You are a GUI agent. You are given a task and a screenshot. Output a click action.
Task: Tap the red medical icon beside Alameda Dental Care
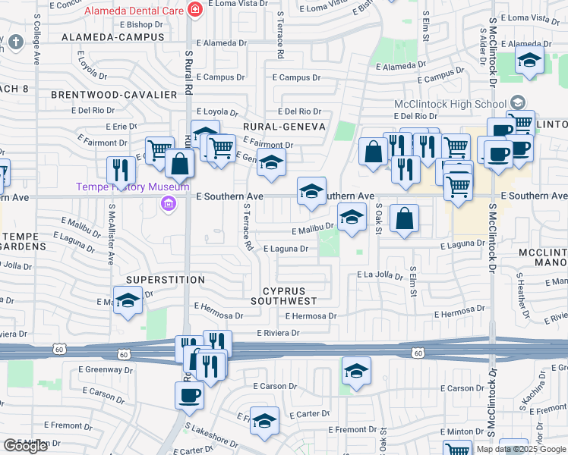click(196, 10)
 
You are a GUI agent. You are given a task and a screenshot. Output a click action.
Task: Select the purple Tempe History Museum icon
click(168, 202)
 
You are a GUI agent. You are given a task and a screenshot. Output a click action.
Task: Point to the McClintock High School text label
click(450, 104)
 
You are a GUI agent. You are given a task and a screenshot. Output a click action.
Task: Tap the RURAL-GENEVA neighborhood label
click(284, 127)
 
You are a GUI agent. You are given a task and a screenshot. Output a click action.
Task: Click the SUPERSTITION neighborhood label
click(166, 280)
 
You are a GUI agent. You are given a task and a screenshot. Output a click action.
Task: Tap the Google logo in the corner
click(25, 446)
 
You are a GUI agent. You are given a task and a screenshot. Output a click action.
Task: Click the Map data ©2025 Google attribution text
click(520, 449)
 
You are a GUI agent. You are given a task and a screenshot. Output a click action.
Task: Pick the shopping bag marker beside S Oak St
click(405, 219)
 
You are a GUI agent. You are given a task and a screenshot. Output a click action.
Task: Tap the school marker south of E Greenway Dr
click(355, 371)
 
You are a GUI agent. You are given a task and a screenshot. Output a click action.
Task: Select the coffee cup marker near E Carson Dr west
click(189, 394)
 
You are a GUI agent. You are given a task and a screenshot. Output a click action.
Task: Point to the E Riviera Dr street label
click(279, 333)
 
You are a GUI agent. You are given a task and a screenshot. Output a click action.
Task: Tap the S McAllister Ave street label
click(111, 235)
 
